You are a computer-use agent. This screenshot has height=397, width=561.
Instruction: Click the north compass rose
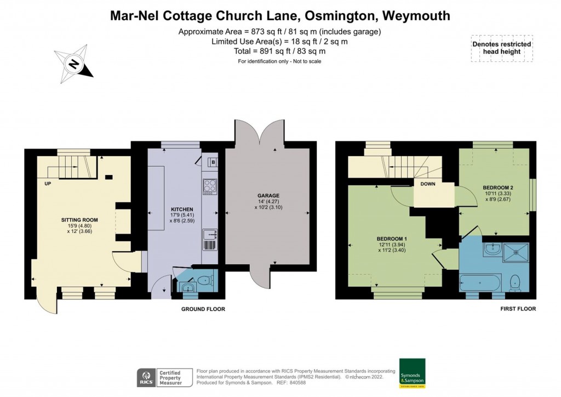pyautogui.click(x=73, y=64)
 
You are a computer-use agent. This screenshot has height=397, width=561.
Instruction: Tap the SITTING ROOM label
pyautogui.click(x=79, y=220)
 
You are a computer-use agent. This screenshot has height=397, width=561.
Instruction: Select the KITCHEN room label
pyautogui.click(x=182, y=209)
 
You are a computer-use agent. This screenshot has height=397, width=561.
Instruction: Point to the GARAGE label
pyautogui.click(x=268, y=195)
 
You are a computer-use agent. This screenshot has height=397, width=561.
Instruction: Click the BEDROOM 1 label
pyautogui.click(x=392, y=239)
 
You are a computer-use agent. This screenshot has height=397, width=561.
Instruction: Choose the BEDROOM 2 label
pyautogui.click(x=498, y=188)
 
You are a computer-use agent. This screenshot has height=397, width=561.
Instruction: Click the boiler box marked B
pyautogui.click(x=213, y=162)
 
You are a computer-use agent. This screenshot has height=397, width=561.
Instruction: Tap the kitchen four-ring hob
pyautogui.click(x=210, y=186)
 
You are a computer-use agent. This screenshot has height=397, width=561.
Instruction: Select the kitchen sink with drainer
pyautogui.click(x=210, y=240)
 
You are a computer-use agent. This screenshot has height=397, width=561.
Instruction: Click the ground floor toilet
pyautogui.click(x=204, y=280)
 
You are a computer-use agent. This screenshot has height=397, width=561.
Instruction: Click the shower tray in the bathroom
pyautogui.click(x=516, y=252)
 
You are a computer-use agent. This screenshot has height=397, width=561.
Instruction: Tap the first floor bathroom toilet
pyautogui.click(x=515, y=282)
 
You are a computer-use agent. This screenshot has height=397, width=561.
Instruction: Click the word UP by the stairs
pyautogui.click(x=48, y=184)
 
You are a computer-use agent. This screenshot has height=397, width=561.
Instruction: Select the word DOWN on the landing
pyautogui.click(x=428, y=184)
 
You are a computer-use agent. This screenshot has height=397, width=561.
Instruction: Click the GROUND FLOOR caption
pyautogui.click(x=203, y=309)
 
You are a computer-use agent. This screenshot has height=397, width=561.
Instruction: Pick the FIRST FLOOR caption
pyautogui.click(x=518, y=309)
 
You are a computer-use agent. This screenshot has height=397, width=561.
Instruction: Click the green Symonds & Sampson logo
pyautogui.click(x=412, y=373)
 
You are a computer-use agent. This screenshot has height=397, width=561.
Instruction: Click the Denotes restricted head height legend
pyautogui.click(x=502, y=48)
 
